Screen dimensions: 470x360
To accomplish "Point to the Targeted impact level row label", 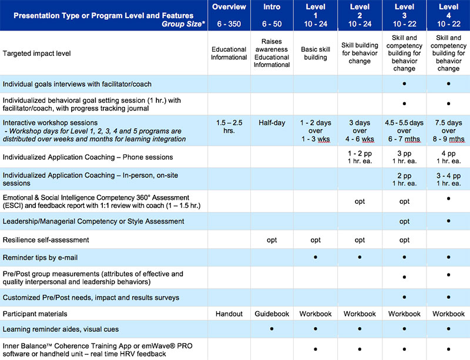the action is [36, 53].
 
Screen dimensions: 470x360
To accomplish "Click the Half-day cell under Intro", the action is [272, 123].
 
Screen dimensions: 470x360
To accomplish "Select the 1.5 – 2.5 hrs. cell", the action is [229, 127].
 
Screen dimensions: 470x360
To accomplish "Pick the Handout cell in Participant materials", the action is [229, 314].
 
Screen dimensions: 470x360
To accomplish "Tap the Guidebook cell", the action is [272, 314].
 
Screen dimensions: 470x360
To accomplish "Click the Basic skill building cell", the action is [315, 53].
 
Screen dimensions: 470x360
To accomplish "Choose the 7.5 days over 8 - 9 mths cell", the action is [448, 131].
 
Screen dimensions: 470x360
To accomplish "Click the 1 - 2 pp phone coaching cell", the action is [360, 157].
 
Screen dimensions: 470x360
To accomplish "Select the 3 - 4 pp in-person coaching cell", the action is [448, 179].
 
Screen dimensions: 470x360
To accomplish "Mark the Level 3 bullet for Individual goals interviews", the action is [404, 83].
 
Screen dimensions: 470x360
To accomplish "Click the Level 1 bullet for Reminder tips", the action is [315, 257].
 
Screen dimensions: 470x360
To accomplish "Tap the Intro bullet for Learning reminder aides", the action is [272, 329].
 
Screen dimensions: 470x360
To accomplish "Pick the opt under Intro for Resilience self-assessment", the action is [272, 240].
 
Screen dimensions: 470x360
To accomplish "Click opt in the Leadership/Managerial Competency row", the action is [404, 221].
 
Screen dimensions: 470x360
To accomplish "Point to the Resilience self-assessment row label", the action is [46, 240].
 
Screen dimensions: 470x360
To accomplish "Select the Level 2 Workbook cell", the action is [360, 314].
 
